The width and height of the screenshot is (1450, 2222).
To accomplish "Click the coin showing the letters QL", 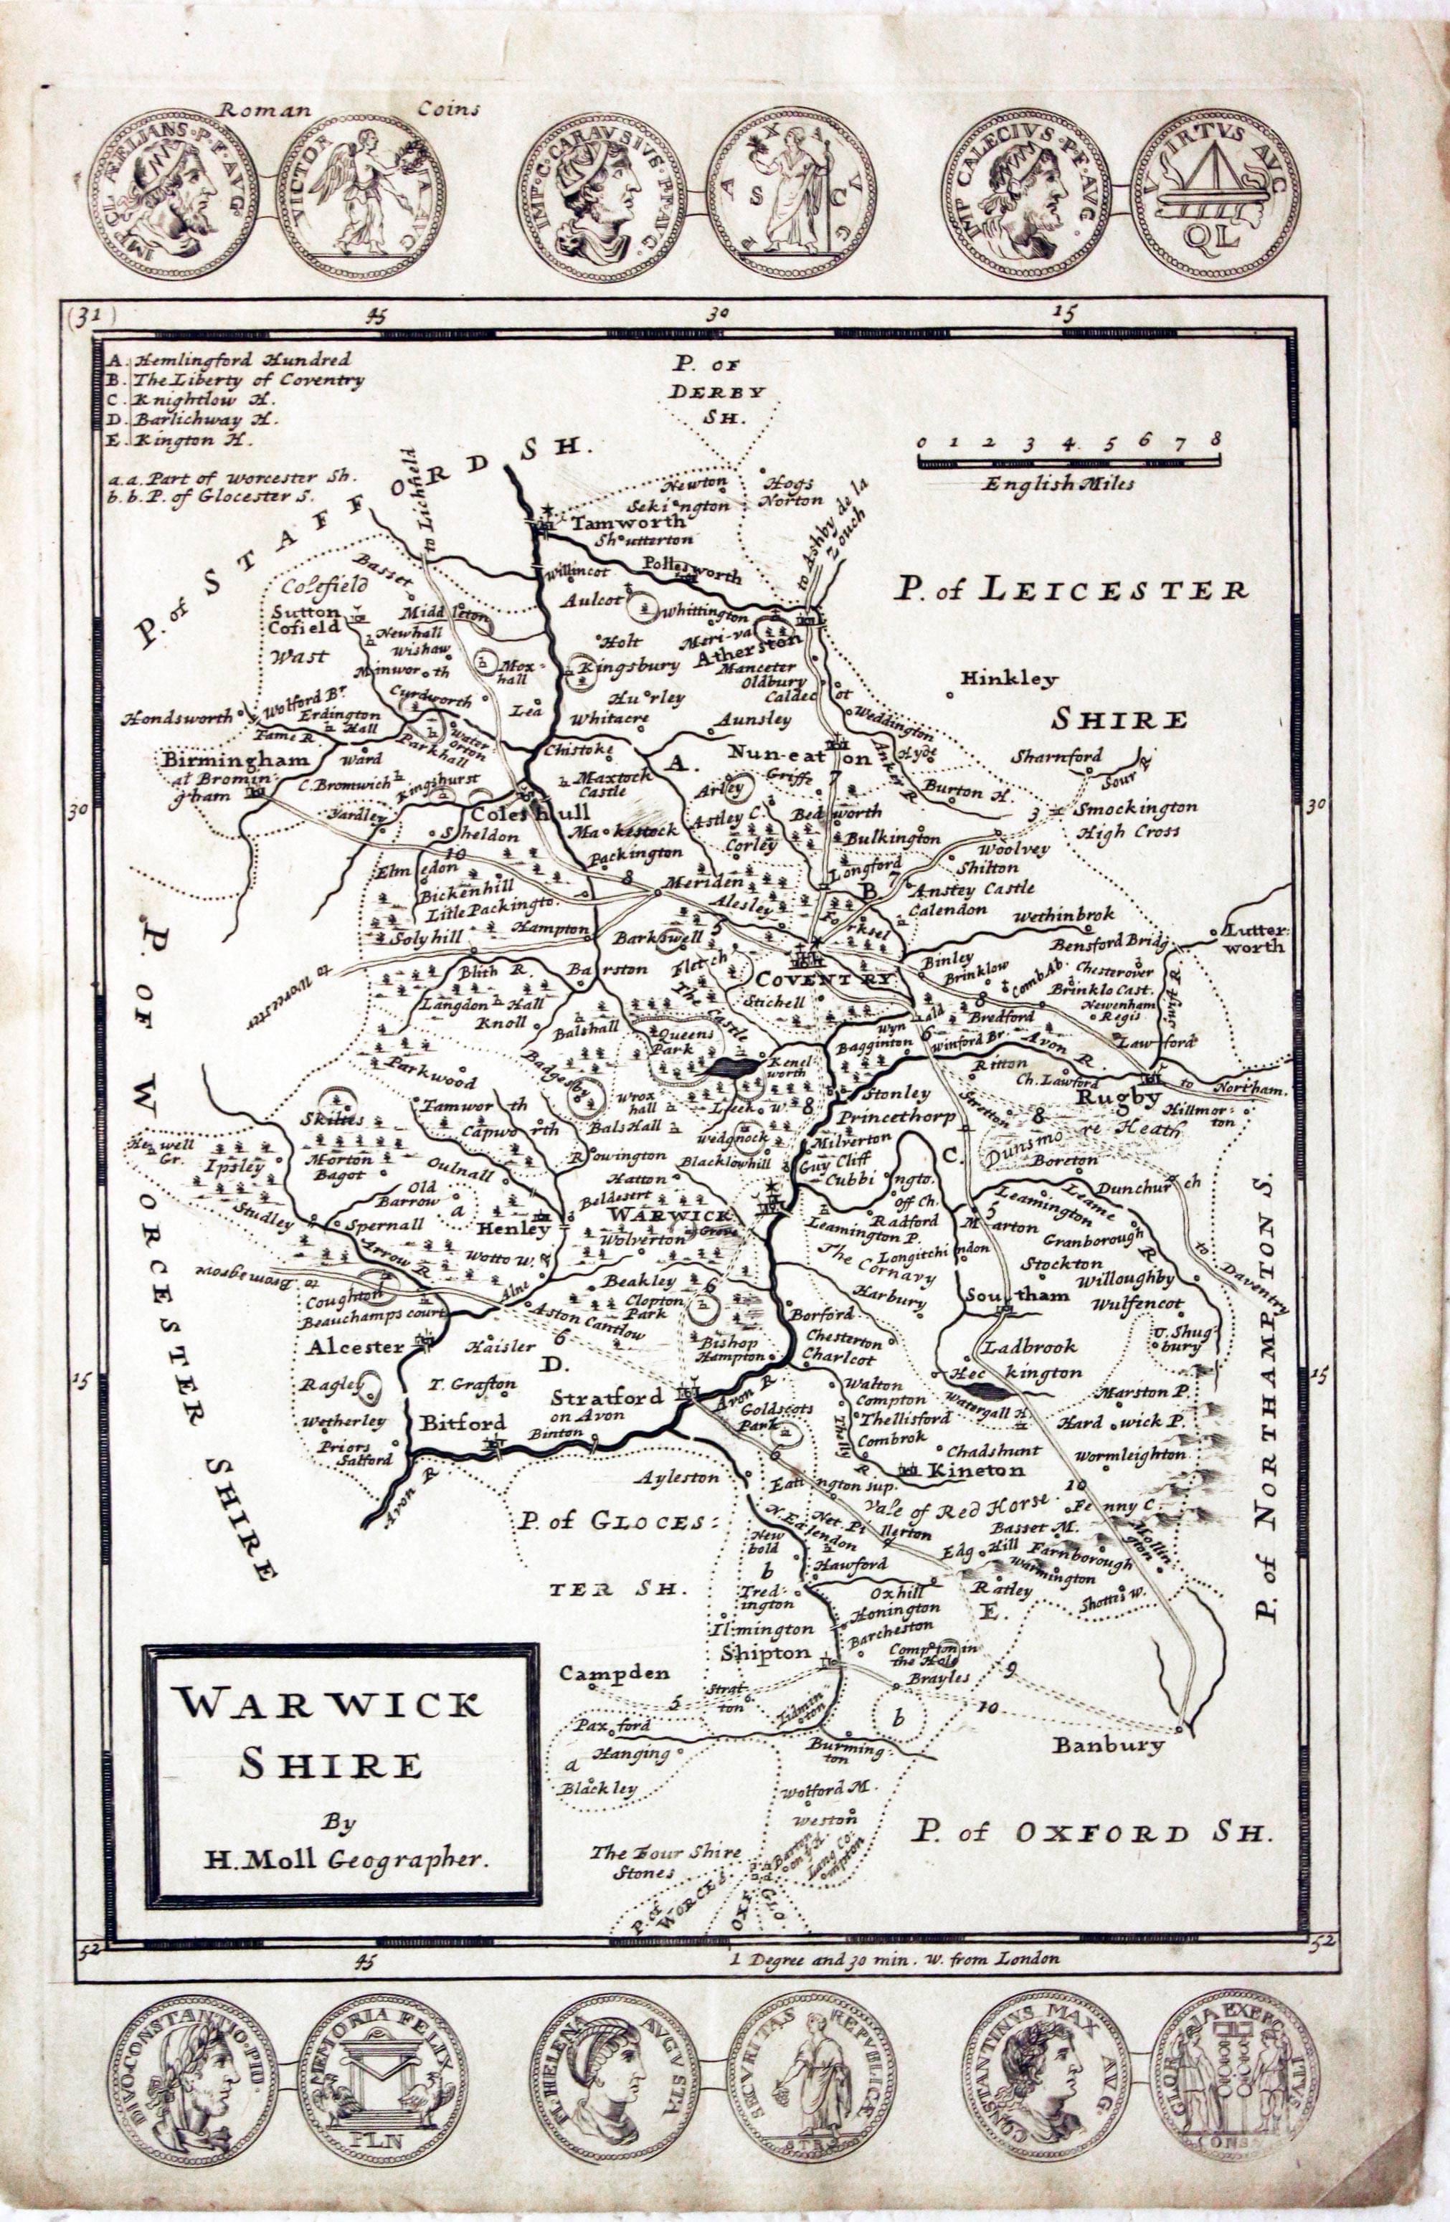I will click(1211, 195).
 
